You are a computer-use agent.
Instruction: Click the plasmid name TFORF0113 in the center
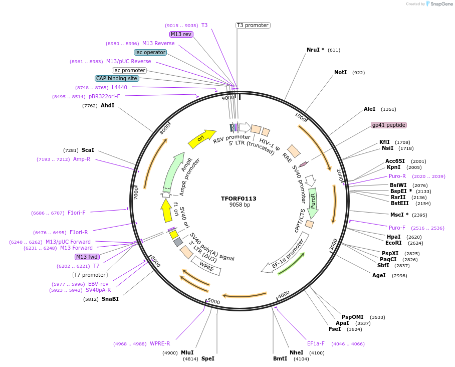pyautogui.click(x=239, y=199)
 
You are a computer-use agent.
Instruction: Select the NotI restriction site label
pyautogui.click(x=340, y=73)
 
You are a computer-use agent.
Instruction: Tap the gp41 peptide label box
pyautogui.click(x=388, y=125)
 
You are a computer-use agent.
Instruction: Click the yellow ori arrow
pyautogui.click(x=201, y=138)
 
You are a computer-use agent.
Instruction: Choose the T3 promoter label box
pyautogui.click(x=253, y=25)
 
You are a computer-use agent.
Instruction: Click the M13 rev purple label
pyautogui.click(x=181, y=34)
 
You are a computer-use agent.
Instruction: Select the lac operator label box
pyautogui.click(x=150, y=52)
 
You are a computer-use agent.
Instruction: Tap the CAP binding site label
pyautogui.click(x=117, y=78)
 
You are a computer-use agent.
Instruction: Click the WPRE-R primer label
pyautogui.click(x=160, y=343)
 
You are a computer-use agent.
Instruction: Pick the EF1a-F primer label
pyautogui.click(x=316, y=343)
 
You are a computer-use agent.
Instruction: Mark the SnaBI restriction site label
pyautogui.click(x=110, y=299)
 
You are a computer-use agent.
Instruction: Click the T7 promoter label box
pyautogui.click(x=90, y=275)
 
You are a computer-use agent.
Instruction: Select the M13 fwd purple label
pyautogui.click(x=87, y=257)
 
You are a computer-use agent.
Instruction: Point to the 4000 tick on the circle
pyautogui.click(x=284, y=294)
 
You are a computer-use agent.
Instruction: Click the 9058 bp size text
pyautogui.click(x=240, y=205)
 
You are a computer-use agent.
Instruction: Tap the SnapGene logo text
pyautogui.click(x=441, y=4)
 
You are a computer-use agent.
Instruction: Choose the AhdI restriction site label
pyautogui.click(x=107, y=106)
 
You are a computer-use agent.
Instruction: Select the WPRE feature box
pyautogui.click(x=206, y=264)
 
